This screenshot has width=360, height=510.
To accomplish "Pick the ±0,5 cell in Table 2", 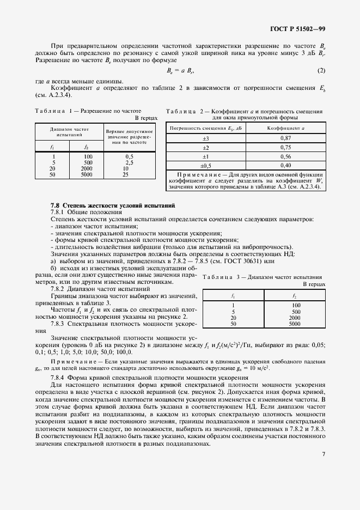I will pyautogui.click(x=205, y=165).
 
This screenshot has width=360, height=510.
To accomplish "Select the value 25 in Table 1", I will pyautogui.click(x=126, y=175).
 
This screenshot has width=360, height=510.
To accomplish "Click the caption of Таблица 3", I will pyautogui.click(x=262, y=278).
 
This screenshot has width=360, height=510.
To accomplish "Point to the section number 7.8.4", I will pyautogui.click(x=60, y=377).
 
